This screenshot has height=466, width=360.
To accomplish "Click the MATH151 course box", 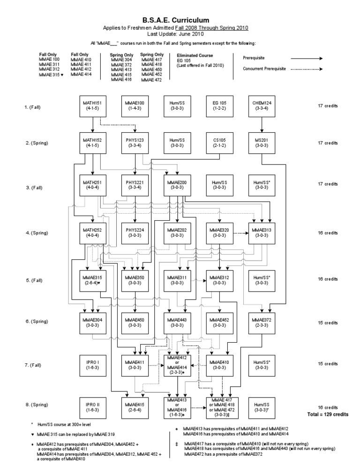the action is click(x=92, y=106).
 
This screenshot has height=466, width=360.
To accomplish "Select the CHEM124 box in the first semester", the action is click(x=262, y=106).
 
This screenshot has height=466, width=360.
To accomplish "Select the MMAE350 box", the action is click(x=135, y=279).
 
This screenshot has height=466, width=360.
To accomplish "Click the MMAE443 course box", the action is click(x=177, y=323).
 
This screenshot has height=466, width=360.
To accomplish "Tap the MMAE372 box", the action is click(x=262, y=323).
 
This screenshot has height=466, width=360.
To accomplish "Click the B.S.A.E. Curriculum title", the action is click(x=180, y=19).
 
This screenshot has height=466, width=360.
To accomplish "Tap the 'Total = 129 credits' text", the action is click(x=328, y=414).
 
